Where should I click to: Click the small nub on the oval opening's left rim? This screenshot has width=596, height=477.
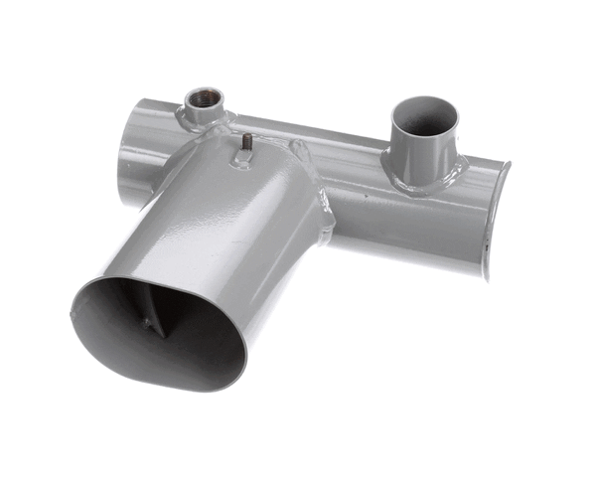pyautogui.click(x=74, y=313)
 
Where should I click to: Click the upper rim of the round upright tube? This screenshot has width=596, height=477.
pyautogui.click(x=425, y=98)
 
